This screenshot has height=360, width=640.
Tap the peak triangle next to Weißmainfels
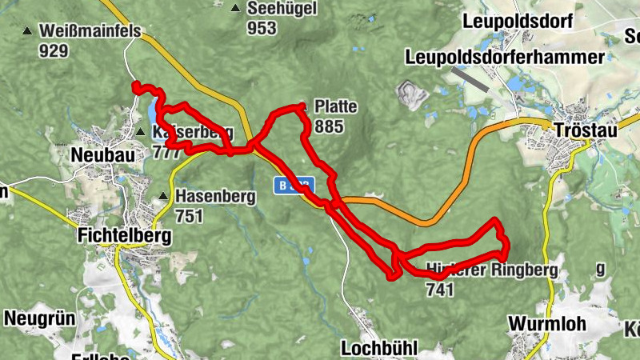click(x=28, y=32)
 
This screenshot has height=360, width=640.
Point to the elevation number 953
click(x=262, y=29)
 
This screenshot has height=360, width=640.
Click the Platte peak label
click(x=336, y=107)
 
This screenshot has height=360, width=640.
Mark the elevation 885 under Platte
click(x=329, y=126)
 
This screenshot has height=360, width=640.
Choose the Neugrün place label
click(x=39, y=318)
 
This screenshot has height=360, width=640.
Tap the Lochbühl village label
click(x=380, y=349)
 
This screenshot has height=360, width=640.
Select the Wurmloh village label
click(x=547, y=324)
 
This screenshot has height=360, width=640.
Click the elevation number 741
click(x=441, y=290)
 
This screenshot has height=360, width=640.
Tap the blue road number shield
click(x=293, y=185)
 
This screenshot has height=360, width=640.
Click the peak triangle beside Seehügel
click(x=235, y=9)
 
